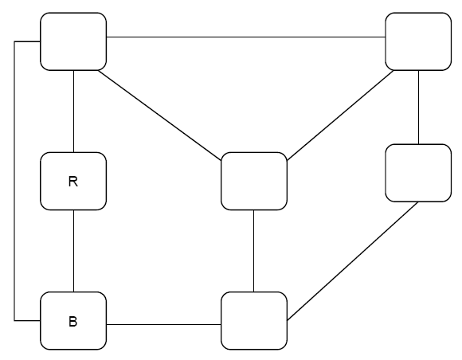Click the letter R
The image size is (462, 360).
[x=73, y=182]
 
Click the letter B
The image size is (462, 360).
[x=73, y=323]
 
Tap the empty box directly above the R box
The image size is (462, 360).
[x=73, y=41]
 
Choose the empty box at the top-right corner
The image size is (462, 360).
[x=418, y=41]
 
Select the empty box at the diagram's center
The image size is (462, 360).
[x=253, y=182]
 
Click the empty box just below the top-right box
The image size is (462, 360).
[x=418, y=173]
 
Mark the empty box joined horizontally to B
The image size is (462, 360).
[x=253, y=321]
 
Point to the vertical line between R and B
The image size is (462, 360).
[x=73, y=251]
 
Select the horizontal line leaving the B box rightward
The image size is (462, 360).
[x=163, y=325]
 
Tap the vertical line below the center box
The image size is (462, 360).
[x=253, y=251]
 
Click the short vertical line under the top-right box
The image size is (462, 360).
[x=418, y=107]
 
